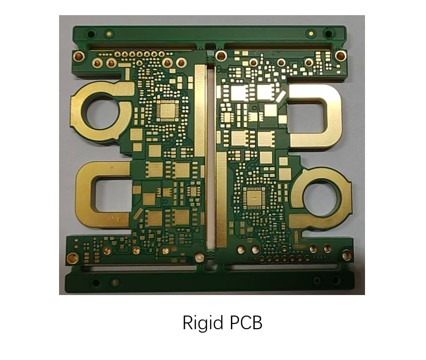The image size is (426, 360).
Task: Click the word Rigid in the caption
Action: pyautogui.click(x=202, y=323)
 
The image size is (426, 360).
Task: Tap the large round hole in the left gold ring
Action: pyautogui.click(x=102, y=112)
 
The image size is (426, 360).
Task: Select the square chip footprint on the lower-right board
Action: pyautogui.click(x=254, y=198)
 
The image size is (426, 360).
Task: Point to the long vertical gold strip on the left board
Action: pyautogui.click(x=200, y=110)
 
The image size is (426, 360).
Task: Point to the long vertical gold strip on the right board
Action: pyautogui.click(x=222, y=199)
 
